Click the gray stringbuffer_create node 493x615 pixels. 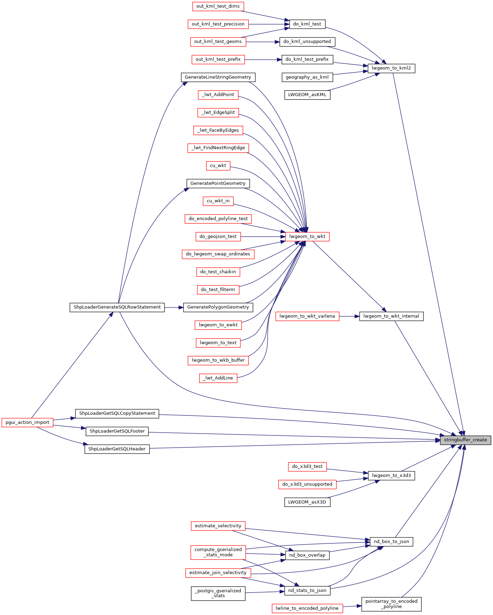(x=465, y=440)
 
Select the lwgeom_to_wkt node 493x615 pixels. (x=307, y=237)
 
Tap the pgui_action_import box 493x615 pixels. (x=28, y=422)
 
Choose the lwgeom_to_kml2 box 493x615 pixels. (x=391, y=68)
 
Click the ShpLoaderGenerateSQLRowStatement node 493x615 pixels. (x=117, y=307)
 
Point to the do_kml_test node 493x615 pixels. (x=307, y=24)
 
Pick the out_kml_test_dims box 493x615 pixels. (x=218, y=6)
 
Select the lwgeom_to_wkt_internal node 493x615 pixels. (x=391, y=316)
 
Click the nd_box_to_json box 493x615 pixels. (x=391, y=542)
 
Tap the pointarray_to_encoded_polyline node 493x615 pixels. (x=391, y=604)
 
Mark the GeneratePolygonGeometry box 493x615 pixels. (x=218, y=307)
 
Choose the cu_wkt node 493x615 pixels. (x=218, y=166)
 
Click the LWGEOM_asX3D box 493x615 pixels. (x=307, y=502)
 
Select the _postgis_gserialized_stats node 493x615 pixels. (x=218, y=593)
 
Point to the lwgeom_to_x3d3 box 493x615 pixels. (x=391, y=476)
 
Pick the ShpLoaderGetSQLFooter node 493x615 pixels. (x=117, y=431)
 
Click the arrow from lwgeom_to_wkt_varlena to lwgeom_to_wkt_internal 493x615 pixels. (x=349, y=316)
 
